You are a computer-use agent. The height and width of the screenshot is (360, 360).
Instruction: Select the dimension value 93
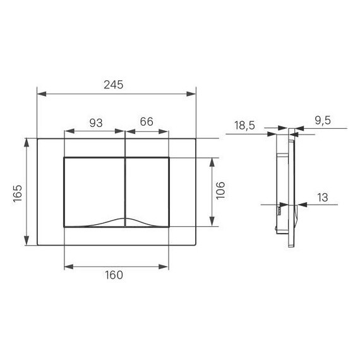(95, 123)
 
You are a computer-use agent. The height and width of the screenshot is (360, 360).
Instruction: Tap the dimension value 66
(147, 123)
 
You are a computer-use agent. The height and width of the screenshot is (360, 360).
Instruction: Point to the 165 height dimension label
(17, 191)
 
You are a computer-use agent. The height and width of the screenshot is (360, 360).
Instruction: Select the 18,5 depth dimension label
(244, 126)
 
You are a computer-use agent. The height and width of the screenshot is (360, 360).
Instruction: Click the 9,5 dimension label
(322, 121)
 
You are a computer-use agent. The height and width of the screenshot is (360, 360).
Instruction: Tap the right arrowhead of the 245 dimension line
(192, 94)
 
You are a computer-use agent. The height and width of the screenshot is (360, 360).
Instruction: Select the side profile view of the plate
(288, 189)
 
